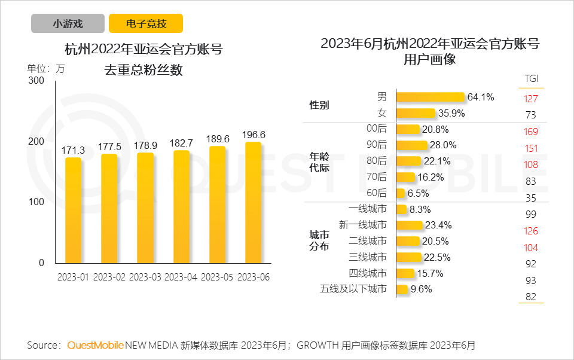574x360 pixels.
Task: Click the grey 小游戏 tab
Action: (68, 24)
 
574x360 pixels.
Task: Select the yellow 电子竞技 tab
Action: (146, 24)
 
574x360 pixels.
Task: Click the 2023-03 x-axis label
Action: (145, 277)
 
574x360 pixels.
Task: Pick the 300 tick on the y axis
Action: (36, 81)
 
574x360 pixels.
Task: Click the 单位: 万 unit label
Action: (46, 68)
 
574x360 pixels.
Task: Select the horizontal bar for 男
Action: (430, 97)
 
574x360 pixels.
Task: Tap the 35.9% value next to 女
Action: (451, 113)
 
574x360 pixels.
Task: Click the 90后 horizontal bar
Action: (412, 145)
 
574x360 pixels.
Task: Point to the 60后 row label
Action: (377, 193)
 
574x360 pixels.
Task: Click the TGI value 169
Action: (531, 132)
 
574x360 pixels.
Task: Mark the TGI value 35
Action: (531, 198)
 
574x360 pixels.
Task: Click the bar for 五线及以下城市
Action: (402, 289)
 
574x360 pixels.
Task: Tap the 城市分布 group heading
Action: (319, 241)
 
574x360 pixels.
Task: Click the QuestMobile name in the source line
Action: (95, 345)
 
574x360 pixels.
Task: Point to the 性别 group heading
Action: (319, 105)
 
